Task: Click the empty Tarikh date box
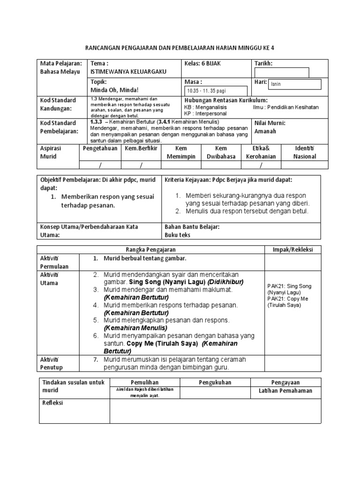(x=281, y=73)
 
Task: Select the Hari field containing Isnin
(x=294, y=84)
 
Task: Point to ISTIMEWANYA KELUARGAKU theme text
(x=128, y=72)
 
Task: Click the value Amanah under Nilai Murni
(x=265, y=131)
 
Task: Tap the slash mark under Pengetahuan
(x=99, y=165)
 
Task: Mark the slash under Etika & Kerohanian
(x=261, y=165)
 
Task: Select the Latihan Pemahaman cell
(x=285, y=391)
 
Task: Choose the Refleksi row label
(x=53, y=403)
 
